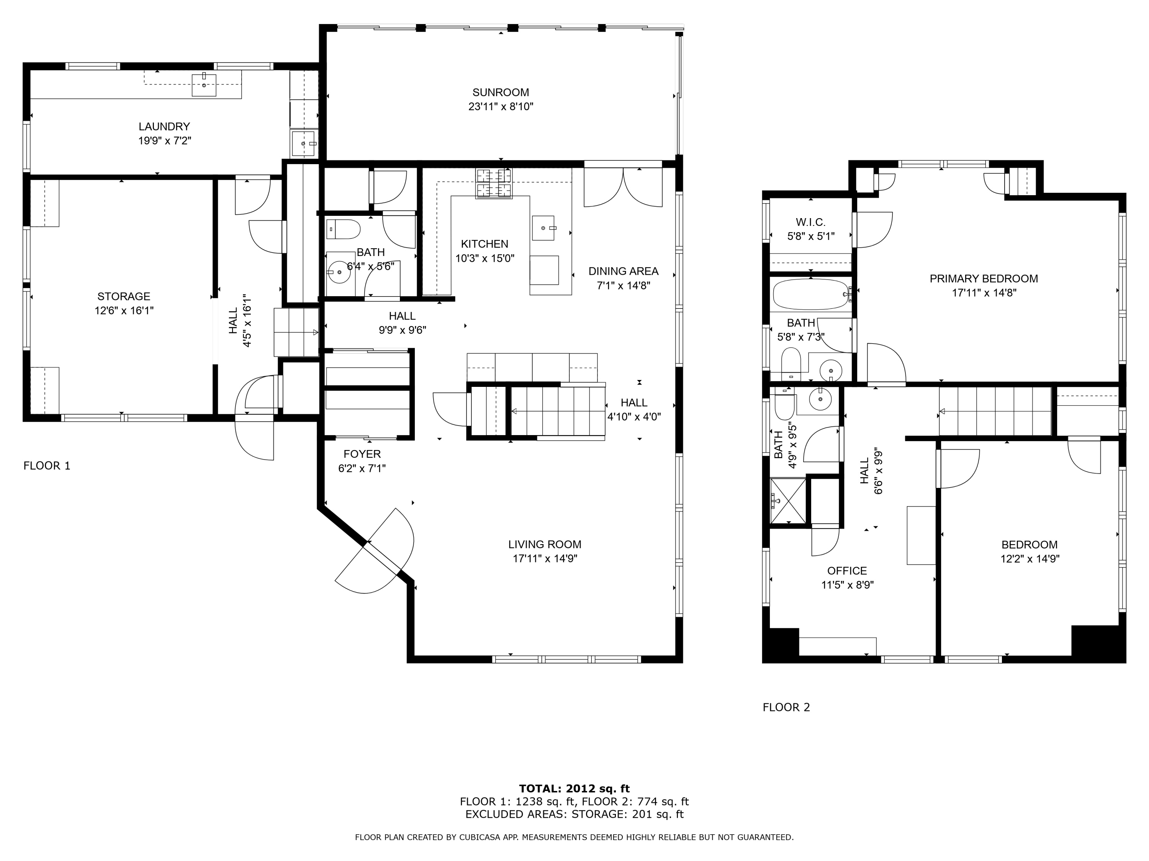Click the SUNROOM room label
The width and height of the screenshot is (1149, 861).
[x=501, y=92]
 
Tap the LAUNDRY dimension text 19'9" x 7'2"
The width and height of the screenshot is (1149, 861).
[x=165, y=141]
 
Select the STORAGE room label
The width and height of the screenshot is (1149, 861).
[x=124, y=296]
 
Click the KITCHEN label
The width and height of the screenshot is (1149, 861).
[x=484, y=244]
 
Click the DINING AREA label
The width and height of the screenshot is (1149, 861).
[x=623, y=271]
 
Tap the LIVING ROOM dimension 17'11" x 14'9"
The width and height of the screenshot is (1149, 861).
[x=545, y=558]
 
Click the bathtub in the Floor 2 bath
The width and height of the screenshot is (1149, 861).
[x=811, y=295]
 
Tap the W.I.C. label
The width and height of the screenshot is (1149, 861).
[x=810, y=222]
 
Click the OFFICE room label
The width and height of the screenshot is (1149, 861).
[x=847, y=571]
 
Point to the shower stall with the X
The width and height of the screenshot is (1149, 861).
[x=788, y=501]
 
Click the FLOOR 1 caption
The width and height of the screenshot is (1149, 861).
[x=47, y=466]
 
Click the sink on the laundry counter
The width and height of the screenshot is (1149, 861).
[x=204, y=84]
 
